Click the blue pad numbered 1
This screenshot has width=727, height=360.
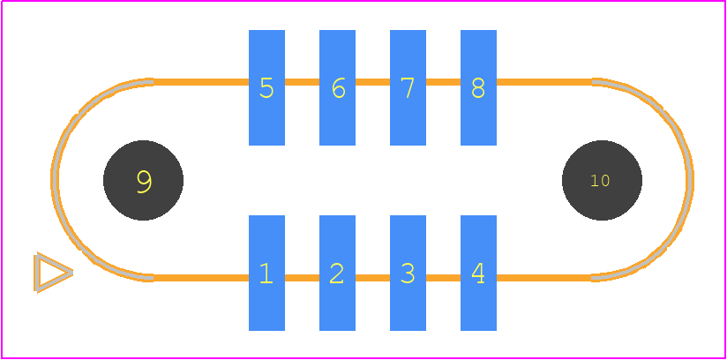coord(266,273)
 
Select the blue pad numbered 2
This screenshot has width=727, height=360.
coord(337,273)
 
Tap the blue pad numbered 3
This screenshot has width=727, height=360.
coord(408,273)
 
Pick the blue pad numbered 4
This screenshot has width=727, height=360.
coord(478,273)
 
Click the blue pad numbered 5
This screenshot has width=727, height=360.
coord(266,87)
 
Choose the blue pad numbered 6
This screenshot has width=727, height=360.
coord(337,87)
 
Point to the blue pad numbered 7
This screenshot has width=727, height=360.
coord(408,87)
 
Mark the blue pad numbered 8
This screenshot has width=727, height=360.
coord(478,87)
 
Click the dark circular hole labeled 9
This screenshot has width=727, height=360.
coord(143,180)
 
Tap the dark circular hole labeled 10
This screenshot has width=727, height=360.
coord(602,180)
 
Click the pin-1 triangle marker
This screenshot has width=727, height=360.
coord(52,273)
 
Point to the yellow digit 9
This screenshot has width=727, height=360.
coord(144,182)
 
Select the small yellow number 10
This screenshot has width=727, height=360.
coord(599,181)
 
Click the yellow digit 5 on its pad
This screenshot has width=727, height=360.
coord(266,87)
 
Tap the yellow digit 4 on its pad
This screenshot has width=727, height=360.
coord(477,274)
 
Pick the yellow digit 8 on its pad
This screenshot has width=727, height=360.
coord(478,87)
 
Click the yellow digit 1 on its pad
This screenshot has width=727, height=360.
coord(266,274)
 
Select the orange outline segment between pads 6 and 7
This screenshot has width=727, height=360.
coord(372,82)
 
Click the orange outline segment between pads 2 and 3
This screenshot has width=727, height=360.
coord(372,278)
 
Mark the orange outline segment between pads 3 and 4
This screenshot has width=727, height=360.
coord(443,278)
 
